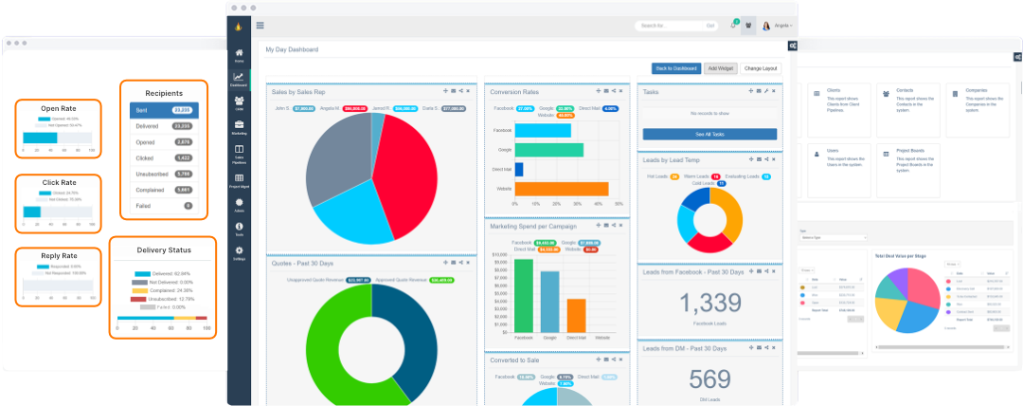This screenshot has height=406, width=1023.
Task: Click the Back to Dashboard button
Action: click(x=675, y=68)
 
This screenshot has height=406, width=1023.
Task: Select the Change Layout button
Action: click(x=761, y=68)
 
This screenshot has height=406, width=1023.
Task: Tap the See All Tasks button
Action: click(x=709, y=135)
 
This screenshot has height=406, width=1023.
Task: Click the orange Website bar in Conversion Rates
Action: click(x=561, y=189)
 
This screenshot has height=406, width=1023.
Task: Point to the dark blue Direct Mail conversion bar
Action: click(x=519, y=169)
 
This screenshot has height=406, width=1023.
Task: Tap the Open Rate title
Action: click(x=58, y=108)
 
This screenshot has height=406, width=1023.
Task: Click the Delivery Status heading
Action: click(x=164, y=250)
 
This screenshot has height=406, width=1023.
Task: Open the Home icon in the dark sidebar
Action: click(x=239, y=54)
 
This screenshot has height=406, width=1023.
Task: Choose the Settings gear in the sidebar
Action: click(x=239, y=252)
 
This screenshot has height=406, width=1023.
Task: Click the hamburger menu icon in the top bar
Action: click(x=260, y=26)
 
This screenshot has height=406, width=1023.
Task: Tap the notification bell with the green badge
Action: click(x=733, y=26)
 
